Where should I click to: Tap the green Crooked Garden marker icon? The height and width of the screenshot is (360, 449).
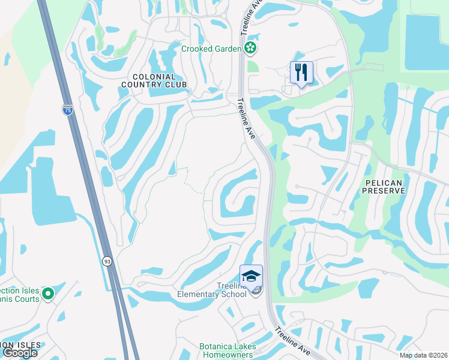click(250, 48)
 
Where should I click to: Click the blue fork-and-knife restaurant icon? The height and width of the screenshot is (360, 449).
click(301, 73)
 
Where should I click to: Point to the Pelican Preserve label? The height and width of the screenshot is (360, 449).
click(384, 185)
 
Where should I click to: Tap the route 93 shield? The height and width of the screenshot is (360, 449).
click(107, 261)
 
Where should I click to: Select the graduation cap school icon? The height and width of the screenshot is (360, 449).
click(251, 275)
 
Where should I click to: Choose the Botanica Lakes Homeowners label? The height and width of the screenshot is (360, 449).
click(228, 350)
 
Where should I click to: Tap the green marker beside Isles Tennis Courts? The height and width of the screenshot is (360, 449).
click(47, 294)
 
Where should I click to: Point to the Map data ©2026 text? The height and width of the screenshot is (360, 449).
click(423, 355)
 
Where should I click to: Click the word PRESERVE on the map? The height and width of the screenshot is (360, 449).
click(384, 190)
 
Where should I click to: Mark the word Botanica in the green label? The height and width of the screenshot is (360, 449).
click(218, 347)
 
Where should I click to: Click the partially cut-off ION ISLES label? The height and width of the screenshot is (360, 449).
click(20, 344)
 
